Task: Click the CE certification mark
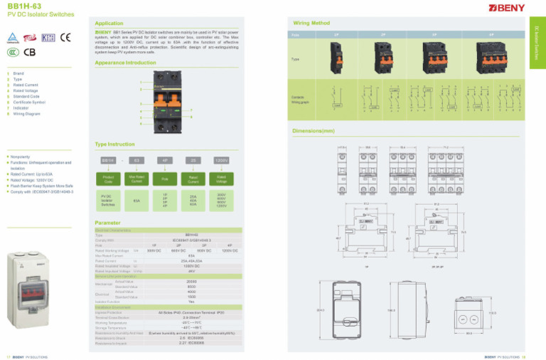[x=65, y=36]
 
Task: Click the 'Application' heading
[x=110, y=22]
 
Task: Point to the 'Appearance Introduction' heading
[x=125, y=63]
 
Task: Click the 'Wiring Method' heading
[x=311, y=23]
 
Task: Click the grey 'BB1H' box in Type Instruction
[x=108, y=160]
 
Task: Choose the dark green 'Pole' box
[x=165, y=179]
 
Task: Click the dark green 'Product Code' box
[x=108, y=179]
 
